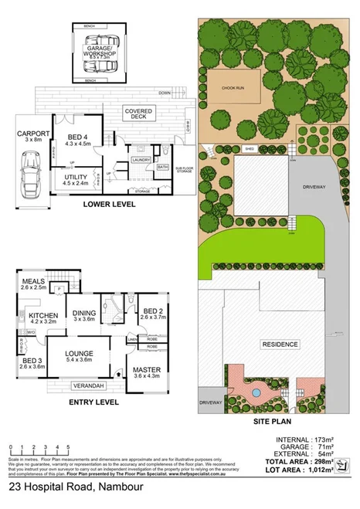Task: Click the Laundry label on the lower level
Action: pos(141,160)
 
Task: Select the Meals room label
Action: pos(34,284)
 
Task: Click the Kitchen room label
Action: pos(44,318)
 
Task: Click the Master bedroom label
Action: pos(146,371)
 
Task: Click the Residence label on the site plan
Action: pos(280,344)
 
